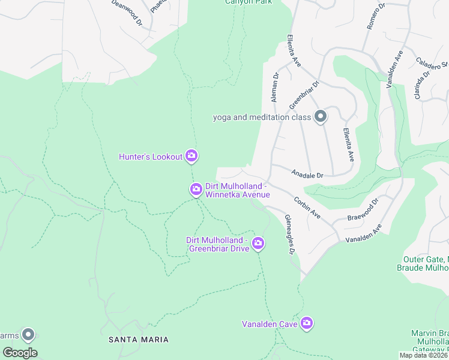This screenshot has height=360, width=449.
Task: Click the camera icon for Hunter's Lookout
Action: pos(191,157)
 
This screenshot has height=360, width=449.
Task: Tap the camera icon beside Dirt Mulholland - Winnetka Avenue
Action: pos(196,190)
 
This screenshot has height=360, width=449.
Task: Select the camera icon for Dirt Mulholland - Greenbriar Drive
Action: pos(258,243)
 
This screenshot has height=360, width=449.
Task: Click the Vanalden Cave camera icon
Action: pos(307,323)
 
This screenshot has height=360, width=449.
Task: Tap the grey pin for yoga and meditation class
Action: pos(321,117)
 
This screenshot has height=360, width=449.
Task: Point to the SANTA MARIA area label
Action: pos(138,340)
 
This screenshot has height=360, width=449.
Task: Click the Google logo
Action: pos(20,352)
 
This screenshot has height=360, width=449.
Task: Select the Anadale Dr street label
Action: pos(307,175)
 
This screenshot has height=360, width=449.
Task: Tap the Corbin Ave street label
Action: pos(307,208)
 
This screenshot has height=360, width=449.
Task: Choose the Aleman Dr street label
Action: pos(276,88)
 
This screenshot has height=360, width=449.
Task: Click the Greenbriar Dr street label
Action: pos(304,95)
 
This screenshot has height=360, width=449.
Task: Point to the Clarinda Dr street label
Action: pos(423,85)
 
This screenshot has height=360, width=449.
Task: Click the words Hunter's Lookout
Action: pos(151,157)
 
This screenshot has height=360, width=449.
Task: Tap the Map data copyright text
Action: pos(424,355)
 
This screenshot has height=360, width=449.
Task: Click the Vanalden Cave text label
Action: pos(270,324)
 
